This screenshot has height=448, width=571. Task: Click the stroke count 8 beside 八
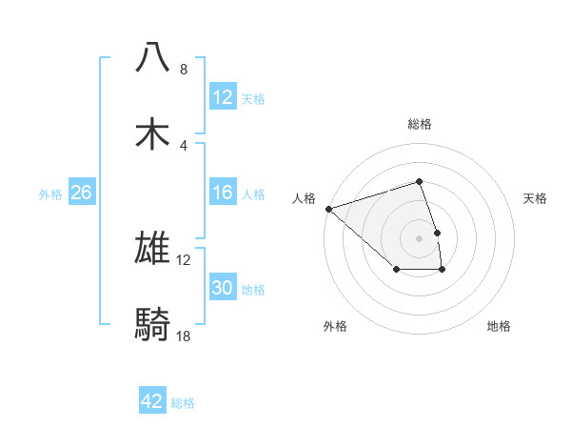point(184,70)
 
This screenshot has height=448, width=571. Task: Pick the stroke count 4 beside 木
point(184,146)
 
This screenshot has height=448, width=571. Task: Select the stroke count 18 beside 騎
point(184,336)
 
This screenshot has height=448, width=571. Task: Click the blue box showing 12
point(222,97)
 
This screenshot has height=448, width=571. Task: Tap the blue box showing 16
point(222,193)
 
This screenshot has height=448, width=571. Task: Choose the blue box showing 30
point(222,288)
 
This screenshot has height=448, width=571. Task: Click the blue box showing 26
point(81,193)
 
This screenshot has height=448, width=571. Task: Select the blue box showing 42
point(152,401)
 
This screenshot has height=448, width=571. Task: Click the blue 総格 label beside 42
point(183,403)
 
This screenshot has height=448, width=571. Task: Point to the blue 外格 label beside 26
point(50,194)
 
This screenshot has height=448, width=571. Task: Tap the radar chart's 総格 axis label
point(419,124)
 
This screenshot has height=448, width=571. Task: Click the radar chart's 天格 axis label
point(536,198)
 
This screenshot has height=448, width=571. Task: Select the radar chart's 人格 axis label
point(304,198)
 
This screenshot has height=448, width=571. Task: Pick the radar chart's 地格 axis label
point(499,326)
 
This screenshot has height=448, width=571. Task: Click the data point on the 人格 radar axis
point(328,208)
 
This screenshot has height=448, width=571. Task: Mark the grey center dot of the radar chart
point(419,237)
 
